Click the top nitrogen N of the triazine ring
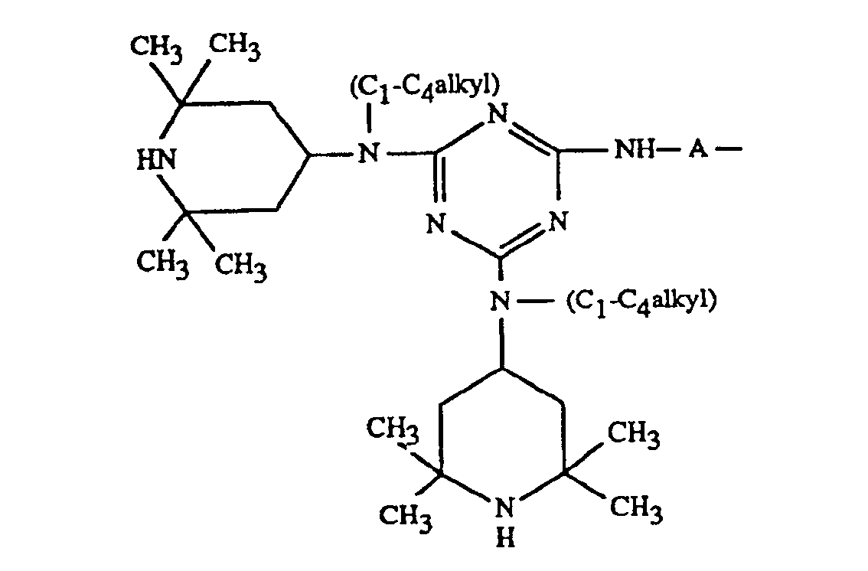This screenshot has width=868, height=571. tap(498, 116)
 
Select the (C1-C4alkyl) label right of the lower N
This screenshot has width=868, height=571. tap(641, 301)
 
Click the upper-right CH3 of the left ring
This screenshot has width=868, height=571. tap(235, 47)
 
